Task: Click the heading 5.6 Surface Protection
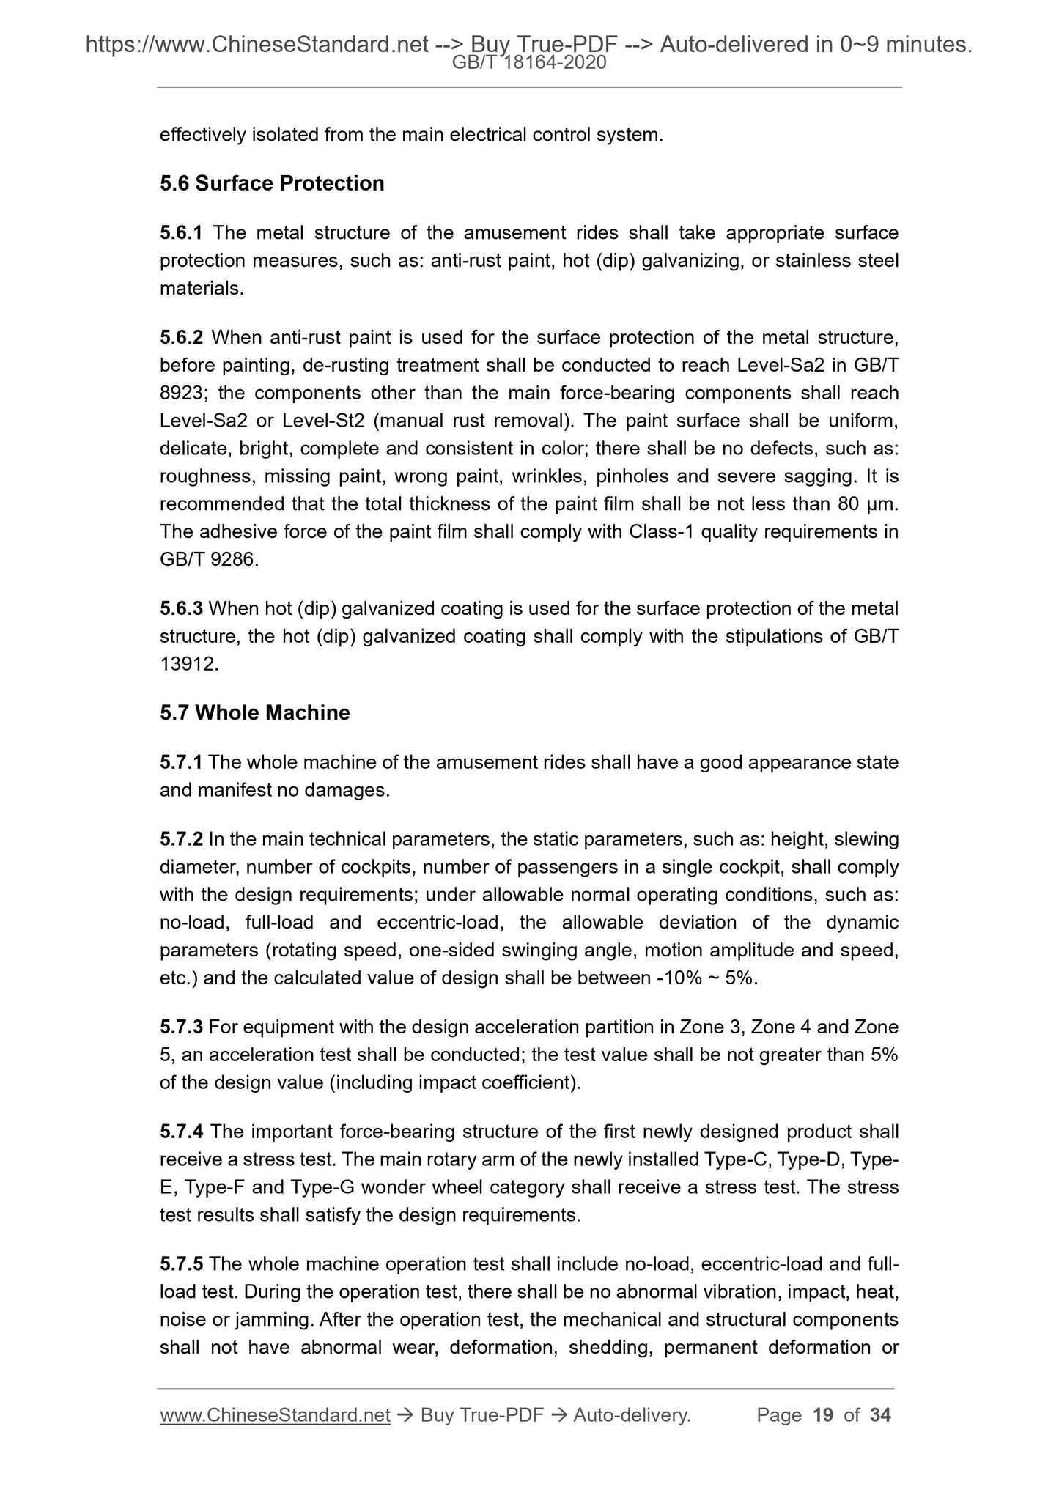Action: pyautogui.click(x=272, y=183)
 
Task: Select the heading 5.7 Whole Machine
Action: pyautogui.click(x=254, y=712)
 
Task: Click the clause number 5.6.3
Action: pyautogui.click(x=181, y=608)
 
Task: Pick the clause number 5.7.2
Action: pyautogui.click(x=181, y=839)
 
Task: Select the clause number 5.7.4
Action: pyautogui.click(x=181, y=1132)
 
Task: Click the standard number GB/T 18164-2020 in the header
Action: pyautogui.click(x=529, y=63)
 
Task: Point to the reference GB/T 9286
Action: pyautogui.click(x=208, y=560)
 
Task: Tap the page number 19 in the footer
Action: pyautogui.click(x=823, y=1415)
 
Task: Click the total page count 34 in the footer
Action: pyautogui.click(x=880, y=1415)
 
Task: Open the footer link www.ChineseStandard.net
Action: pyautogui.click(x=275, y=1415)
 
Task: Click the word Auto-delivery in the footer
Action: pyautogui.click(x=631, y=1415)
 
